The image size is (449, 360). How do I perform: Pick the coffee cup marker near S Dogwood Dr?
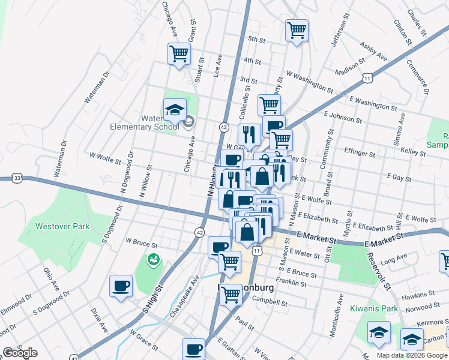[x=121, y=285]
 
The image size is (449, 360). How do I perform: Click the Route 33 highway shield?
[x=17, y=178]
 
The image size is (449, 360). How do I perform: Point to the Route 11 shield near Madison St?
[x=367, y=78]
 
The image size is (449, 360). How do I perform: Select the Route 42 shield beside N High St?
[x=223, y=127]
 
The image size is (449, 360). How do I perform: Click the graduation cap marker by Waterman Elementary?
[x=174, y=110]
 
